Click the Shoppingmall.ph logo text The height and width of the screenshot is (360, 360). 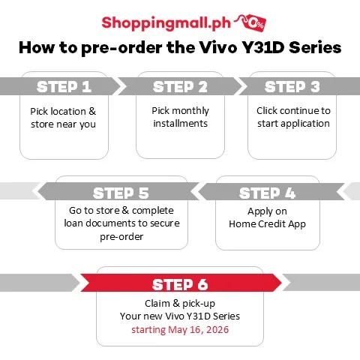(x=166, y=23)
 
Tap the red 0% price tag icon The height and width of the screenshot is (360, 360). (x=256, y=23)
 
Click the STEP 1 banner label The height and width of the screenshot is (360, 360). (x=64, y=87)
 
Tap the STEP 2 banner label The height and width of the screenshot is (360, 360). (x=180, y=87)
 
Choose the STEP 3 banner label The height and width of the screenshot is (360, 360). (x=292, y=87)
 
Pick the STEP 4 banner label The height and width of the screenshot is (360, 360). (x=267, y=193)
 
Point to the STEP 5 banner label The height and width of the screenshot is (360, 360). (x=121, y=193)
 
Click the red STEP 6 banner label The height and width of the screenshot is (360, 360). (x=180, y=284)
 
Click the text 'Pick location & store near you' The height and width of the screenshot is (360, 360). (x=63, y=118)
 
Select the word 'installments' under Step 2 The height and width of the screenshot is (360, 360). (x=180, y=124)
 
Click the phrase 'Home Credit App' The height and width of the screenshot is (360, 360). (x=267, y=224)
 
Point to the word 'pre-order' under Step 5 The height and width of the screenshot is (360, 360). (x=121, y=237)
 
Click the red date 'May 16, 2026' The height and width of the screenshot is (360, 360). (x=199, y=330)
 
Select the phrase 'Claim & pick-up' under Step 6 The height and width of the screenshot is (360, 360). (x=180, y=304)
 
